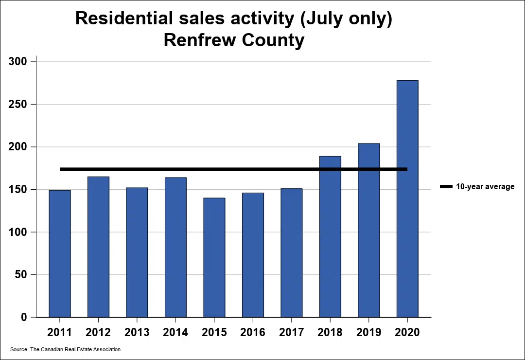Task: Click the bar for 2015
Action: (x=214, y=257)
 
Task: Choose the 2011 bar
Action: (x=60, y=253)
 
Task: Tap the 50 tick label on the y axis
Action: (x=25, y=275)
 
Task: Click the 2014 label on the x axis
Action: (x=175, y=333)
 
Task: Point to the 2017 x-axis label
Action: (x=292, y=333)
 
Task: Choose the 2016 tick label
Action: (x=253, y=333)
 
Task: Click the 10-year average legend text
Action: (x=485, y=187)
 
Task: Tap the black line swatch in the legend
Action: (x=446, y=187)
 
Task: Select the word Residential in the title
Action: (x=124, y=18)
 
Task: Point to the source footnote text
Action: (x=65, y=349)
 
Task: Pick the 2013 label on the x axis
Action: (x=137, y=333)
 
